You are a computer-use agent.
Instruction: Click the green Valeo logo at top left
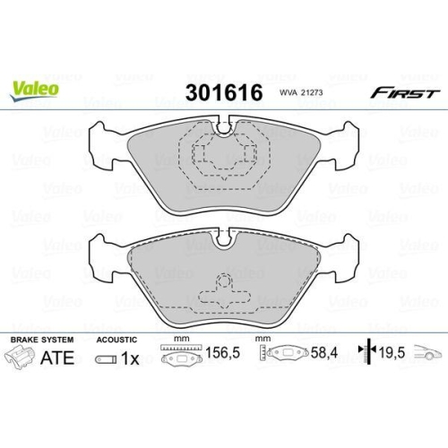36,87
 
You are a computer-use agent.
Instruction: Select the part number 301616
222,93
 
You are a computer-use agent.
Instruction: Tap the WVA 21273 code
300,93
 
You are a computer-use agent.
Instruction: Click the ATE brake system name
56,359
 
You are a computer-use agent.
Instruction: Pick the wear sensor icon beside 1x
102,360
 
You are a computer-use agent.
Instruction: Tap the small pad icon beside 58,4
283,358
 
